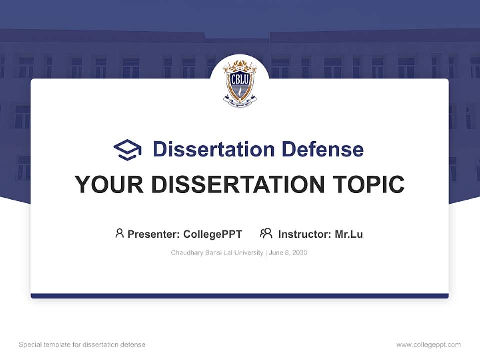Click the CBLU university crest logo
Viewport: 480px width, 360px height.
pyautogui.click(x=240, y=83)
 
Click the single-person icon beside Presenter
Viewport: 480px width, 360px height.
pyautogui.click(x=119, y=233)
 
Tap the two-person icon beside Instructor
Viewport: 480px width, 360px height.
pyautogui.click(x=266, y=233)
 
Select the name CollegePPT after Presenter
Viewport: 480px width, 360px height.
pyautogui.click(x=213, y=234)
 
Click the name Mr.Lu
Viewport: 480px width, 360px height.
pyautogui.click(x=349, y=234)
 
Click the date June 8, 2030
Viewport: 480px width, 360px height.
pyautogui.click(x=288, y=253)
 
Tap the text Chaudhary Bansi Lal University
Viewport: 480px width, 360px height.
pyautogui.click(x=217, y=253)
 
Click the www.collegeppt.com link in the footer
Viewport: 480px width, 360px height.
pyautogui.click(x=428, y=345)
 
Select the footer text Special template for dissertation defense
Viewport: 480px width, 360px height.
pyautogui.click(x=82, y=345)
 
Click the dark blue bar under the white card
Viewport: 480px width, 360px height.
pyautogui.click(x=240, y=296)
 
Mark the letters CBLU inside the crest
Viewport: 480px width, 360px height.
pyautogui.click(x=240, y=79)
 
